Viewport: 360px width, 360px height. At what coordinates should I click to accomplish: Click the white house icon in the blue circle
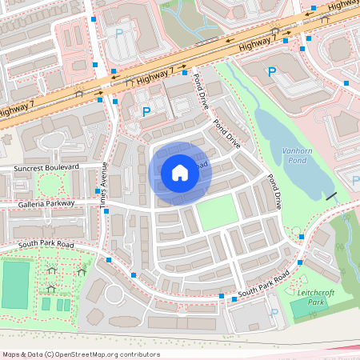[179, 172]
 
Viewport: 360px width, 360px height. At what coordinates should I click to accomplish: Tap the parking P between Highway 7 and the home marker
[146, 112]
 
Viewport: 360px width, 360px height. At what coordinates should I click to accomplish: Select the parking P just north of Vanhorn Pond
[271, 71]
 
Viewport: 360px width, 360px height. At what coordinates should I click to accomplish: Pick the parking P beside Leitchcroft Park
[275, 312]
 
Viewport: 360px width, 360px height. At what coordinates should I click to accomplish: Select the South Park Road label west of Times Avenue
[46, 243]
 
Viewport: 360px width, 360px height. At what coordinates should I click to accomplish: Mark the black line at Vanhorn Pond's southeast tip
[331, 196]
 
